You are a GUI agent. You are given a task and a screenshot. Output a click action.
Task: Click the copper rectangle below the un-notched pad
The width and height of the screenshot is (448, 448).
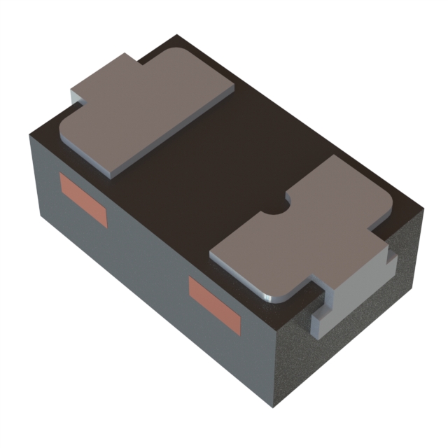pos(83,200)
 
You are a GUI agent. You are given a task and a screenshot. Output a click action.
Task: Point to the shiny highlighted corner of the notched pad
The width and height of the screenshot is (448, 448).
pos(269,294)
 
